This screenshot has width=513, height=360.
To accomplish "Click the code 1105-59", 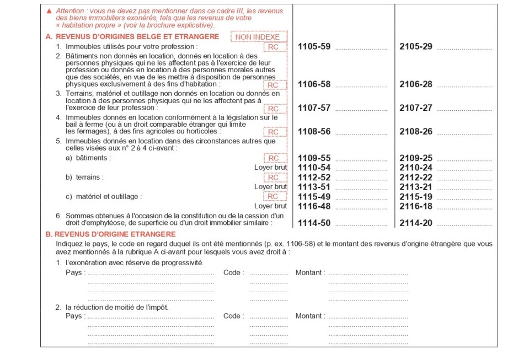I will [314, 47].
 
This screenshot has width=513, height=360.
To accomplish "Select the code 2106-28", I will [416, 84].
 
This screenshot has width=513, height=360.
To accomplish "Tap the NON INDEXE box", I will [258, 37].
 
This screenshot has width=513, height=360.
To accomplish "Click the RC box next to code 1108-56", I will [274, 132].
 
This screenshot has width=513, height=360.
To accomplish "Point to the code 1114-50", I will [314, 223].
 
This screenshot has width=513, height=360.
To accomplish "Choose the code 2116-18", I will [416, 206].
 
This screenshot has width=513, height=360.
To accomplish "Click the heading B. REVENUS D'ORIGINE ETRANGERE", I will [110, 234].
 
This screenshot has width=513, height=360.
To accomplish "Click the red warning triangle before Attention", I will [50, 11].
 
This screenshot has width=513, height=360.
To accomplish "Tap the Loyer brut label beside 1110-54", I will [270, 168].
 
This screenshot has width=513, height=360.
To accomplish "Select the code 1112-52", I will [314, 178].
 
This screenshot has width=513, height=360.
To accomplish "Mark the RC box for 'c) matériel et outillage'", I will [274, 196].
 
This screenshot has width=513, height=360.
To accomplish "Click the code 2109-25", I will [416, 158].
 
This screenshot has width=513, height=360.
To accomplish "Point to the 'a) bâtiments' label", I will [88, 158].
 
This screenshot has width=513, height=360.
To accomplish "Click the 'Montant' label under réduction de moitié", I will [310, 316].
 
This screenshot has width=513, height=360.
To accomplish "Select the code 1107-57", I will [314, 108].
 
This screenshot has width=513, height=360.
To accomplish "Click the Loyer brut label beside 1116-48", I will [270, 206].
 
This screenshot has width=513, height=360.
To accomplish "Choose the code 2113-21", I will [416, 187].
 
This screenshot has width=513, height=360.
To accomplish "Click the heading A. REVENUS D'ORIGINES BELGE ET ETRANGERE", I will [132, 37].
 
